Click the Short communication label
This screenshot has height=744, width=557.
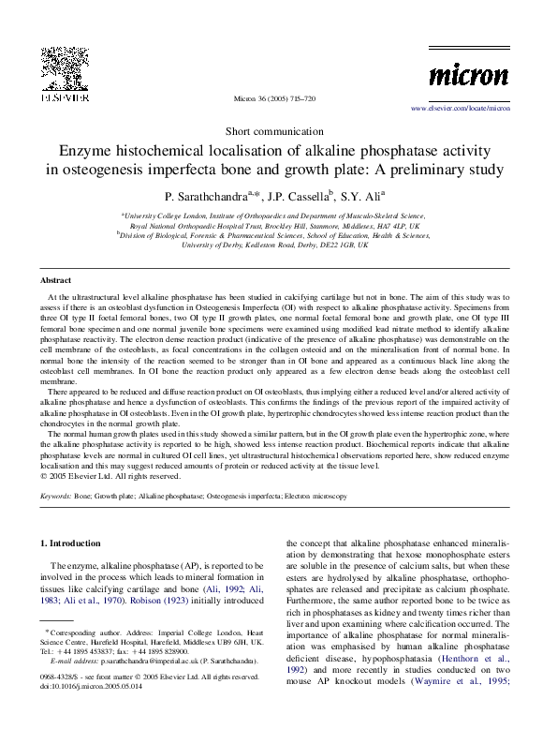coord(278,131)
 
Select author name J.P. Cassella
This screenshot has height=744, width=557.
coord(298,198)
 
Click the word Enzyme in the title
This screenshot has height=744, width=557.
coord(88,151)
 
